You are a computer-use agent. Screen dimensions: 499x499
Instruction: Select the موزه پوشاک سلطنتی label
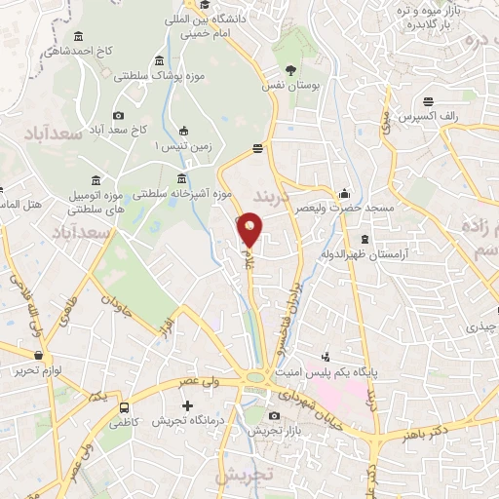(x=147, y=75)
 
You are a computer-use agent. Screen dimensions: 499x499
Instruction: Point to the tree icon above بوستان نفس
(x=290, y=69)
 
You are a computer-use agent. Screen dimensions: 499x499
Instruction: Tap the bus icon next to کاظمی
(x=124, y=408)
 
